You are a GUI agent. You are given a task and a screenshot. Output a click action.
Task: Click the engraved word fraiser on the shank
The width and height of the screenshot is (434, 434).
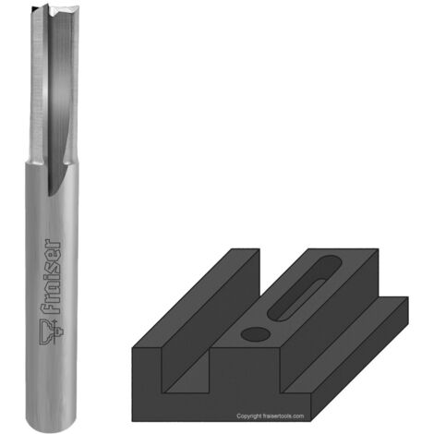[x=51, y=276]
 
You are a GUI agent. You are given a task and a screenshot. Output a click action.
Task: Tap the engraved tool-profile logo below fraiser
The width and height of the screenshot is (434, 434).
[x=51, y=332]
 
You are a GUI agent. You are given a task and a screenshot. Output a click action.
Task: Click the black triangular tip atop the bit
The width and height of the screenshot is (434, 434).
[x=34, y=8]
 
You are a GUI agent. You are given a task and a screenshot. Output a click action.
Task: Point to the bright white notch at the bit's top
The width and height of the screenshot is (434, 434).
[x=58, y=13]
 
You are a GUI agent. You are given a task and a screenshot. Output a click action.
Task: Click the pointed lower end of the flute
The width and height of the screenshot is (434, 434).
[x=49, y=195]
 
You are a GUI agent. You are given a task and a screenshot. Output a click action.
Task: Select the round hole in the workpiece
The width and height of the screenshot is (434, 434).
[x=256, y=334]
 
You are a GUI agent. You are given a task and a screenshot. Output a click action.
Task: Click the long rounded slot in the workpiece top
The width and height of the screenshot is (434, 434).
[x=304, y=288]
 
